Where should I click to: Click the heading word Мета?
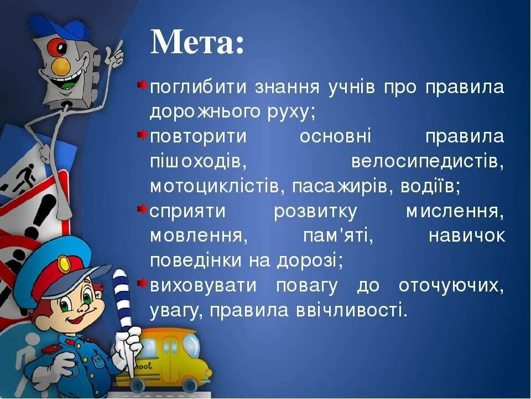click(197, 42)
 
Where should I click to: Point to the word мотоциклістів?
click(214, 186)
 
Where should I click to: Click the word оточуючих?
click(450, 286)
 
